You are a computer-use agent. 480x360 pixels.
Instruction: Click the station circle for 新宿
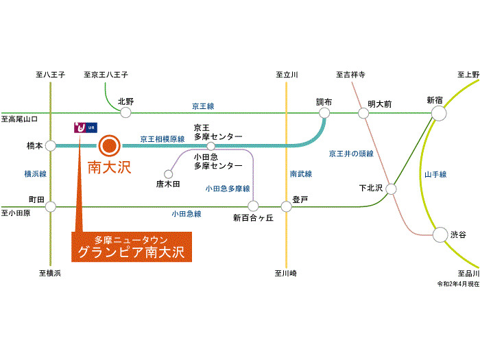click(439, 113)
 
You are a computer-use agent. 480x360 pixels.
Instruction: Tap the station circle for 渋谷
click(440, 235)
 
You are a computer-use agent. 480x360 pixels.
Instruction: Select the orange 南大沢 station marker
click(109, 145)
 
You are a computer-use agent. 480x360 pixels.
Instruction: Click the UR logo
click(86, 128)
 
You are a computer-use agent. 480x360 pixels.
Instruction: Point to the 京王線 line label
click(203, 106)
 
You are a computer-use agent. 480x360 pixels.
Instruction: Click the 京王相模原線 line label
click(163, 139)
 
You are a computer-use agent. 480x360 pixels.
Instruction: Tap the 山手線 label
click(435, 174)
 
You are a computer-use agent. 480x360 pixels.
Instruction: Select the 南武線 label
click(301, 174)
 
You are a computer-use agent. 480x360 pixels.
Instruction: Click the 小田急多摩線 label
click(228, 189)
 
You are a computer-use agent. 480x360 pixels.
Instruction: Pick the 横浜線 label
click(36, 174)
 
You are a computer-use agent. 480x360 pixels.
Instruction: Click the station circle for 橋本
click(51, 145)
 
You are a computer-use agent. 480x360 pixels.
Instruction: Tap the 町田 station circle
click(51, 206)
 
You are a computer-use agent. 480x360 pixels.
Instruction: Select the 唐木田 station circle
click(169, 174)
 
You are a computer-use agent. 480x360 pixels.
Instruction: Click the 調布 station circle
click(324, 113)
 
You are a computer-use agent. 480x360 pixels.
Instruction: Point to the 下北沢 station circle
click(391, 189)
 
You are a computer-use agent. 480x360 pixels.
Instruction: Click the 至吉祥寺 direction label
click(350, 74)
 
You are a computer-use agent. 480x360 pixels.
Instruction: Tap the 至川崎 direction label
click(285, 273)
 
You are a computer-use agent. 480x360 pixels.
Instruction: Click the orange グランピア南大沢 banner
click(132, 247)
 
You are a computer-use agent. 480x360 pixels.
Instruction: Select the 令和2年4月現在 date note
click(458, 284)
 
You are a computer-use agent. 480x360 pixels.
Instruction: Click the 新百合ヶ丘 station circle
click(253, 206)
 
